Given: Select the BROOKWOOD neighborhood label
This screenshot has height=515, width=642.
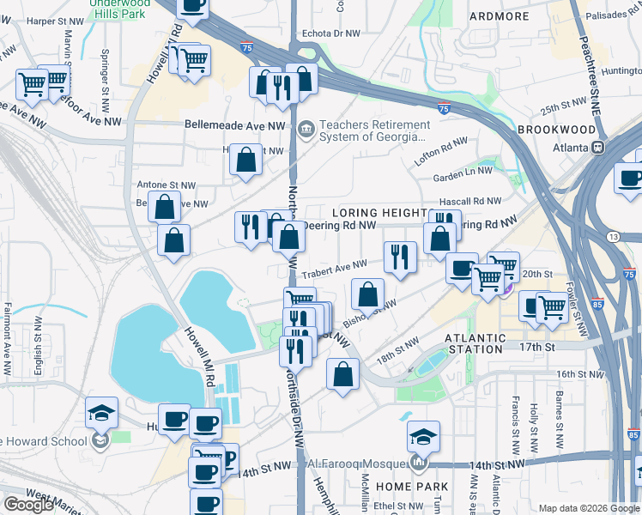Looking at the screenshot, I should [x=556, y=130].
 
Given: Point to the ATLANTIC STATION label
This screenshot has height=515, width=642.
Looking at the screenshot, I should [x=475, y=343].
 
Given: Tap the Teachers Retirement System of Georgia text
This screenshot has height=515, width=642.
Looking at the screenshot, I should [x=372, y=130].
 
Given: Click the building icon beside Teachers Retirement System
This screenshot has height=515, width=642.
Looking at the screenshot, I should [x=306, y=130].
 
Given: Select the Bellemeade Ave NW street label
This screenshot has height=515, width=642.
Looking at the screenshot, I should [x=234, y=124].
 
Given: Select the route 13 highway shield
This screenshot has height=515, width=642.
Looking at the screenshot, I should [x=612, y=236].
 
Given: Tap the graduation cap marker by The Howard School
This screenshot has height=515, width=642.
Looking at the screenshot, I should [x=101, y=413].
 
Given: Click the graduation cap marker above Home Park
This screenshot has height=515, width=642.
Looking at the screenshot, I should [x=422, y=437].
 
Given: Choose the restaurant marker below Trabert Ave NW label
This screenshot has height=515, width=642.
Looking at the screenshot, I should [x=399, y=257].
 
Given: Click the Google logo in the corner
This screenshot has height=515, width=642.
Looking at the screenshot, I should [x=29, y=504].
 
